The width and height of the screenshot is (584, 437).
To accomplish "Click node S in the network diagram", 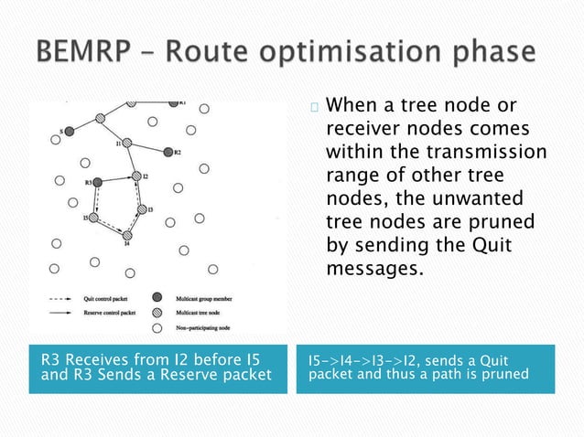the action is [x=69, y=132].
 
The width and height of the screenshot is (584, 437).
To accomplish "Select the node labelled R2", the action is [x=167, y=152].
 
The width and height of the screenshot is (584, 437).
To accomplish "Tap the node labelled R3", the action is [x=98, y=182].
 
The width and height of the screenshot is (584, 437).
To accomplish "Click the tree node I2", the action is [x=135, y=176].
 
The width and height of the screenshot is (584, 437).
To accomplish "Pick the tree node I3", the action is [x=141, y=210].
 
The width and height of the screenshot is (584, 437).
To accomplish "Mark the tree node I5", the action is [x=92, y=218].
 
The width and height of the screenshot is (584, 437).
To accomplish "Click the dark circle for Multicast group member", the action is [x=157, y=299].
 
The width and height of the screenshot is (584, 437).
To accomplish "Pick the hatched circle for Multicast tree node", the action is [x=157, y=313].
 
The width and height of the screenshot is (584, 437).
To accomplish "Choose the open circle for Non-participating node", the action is [x=157, y=327].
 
